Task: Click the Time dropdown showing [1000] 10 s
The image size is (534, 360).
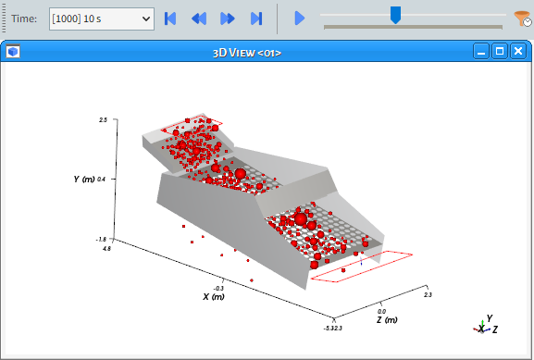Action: pyautogui.click(x=102, y=19)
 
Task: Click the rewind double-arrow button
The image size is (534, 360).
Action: pyautogui.click(x=199, y=19)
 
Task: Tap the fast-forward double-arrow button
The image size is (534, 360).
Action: pyautogui.click(x=228, y=19)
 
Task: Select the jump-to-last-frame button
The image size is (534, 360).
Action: pyautogui.click(x=256, y=19)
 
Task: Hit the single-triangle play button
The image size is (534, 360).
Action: pyautogui.click(x=299, y=19)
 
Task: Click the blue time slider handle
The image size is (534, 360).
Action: pyautogui.click(x=395, y=15)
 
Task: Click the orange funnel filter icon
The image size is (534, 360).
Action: pyautogui.click(x=522, y=19)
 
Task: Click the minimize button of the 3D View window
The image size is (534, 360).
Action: pyautogui.click(x=481, y=52)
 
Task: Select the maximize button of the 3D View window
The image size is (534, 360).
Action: pyautogui.click(x=500, y=52)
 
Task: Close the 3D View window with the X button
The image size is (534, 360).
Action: pyautogui.click(x=518, y=52)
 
